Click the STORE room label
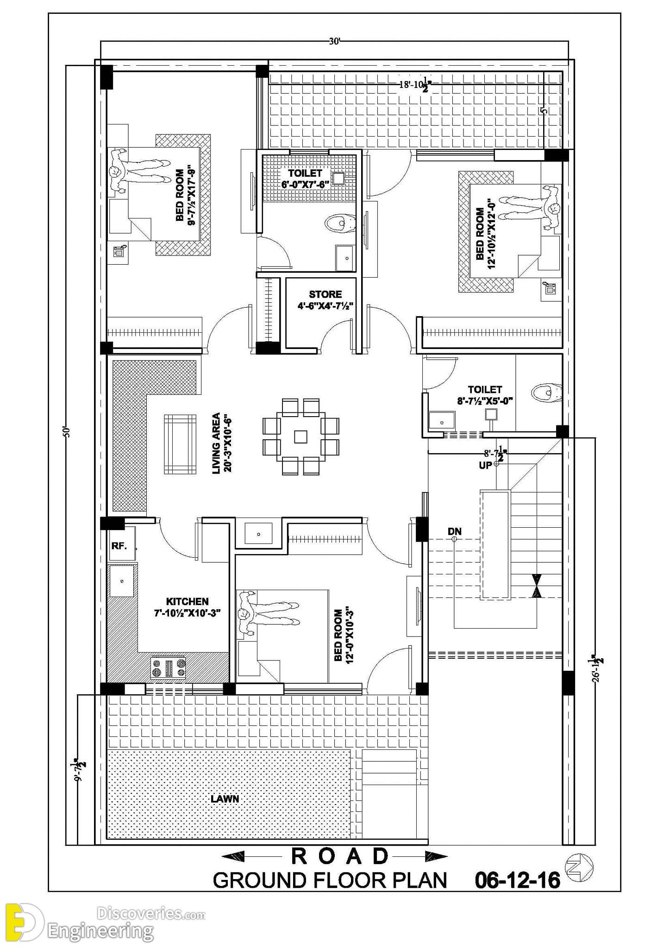[326, 294]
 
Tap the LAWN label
[225, 798]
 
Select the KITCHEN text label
[187, 601]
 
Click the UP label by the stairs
[485, 465]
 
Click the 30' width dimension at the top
[334, 41]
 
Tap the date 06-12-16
[517, 880]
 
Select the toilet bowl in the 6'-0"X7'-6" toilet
[340, 223]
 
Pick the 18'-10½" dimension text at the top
[416, 85]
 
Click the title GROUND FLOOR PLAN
[330, 880]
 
